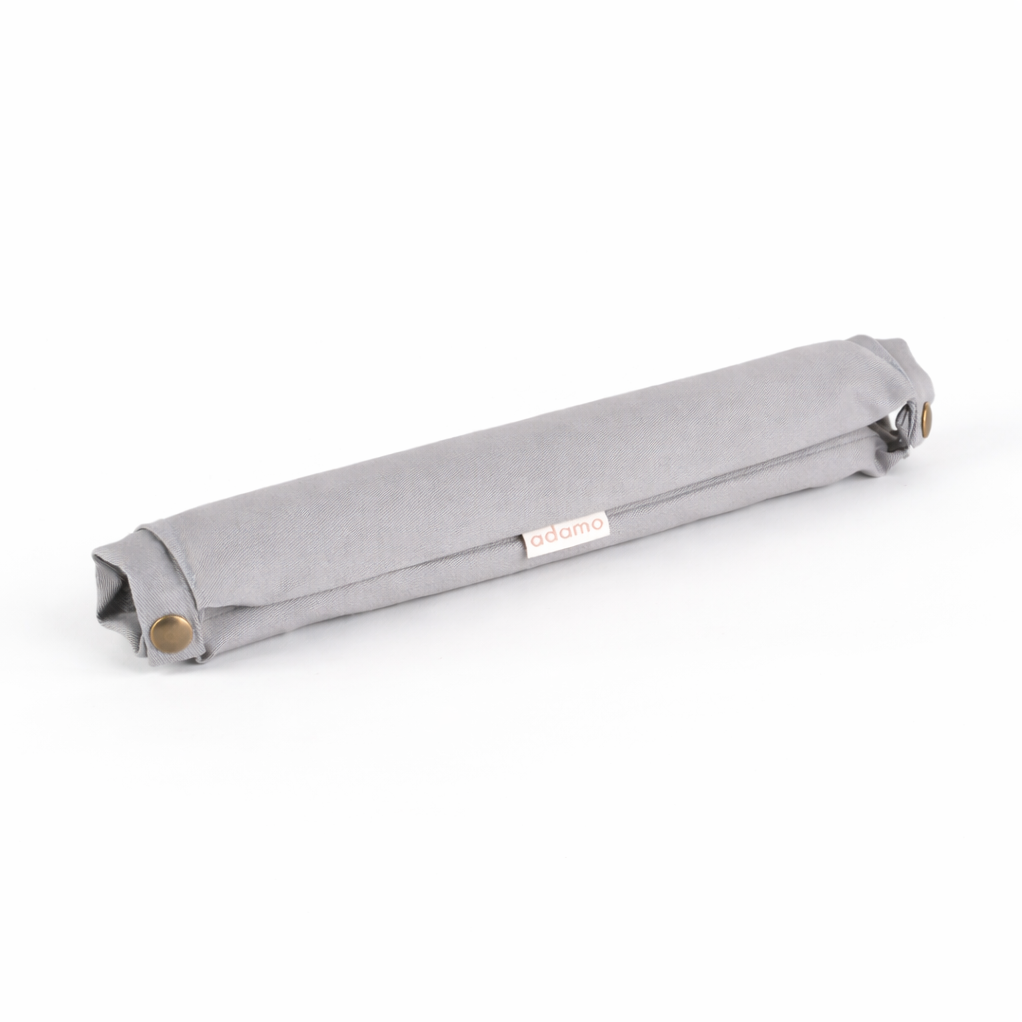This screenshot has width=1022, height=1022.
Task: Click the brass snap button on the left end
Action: (172, 631)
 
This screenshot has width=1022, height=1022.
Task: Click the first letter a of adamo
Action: (536, 540)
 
